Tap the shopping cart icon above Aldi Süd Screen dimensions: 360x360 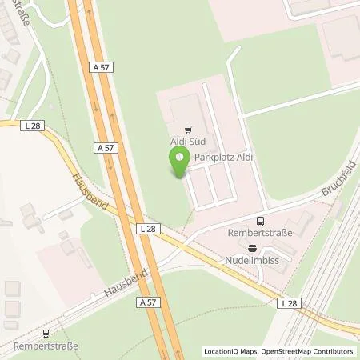click(x=188, y=128)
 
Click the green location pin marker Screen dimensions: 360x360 click(x=180, y=162)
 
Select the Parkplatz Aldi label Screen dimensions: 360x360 click(x=223, y=158)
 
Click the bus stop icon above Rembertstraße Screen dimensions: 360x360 click(x=260, y=221)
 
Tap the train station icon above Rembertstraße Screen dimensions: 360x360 click(x=46, y=334)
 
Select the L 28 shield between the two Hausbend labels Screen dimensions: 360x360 click(x=150, y=229)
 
